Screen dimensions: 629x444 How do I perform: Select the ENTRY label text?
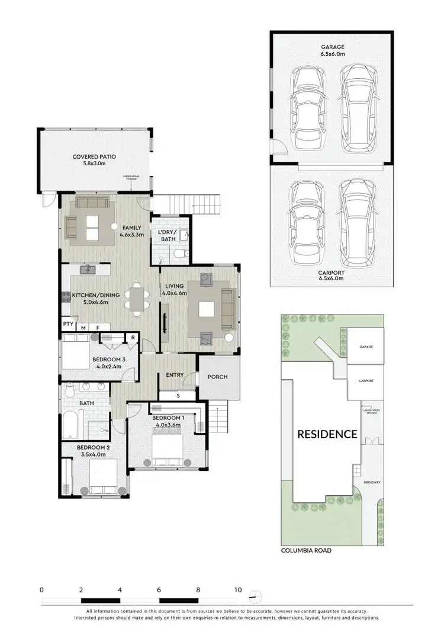tap(175, 374)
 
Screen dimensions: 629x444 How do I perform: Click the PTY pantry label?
tap(68, 325)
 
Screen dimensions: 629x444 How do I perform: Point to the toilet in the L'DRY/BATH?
tap(183, 253)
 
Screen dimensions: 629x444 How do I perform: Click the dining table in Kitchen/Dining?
tap(137, 297)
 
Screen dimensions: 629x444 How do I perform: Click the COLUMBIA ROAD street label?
tap(306, 550)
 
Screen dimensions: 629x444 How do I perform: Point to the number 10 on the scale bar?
tap(237, 590)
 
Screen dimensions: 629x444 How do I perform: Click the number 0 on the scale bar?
tap(41, 590)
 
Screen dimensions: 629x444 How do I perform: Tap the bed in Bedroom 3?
tap(76, 354)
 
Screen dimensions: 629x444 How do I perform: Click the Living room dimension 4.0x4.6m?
tap(175, 293)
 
